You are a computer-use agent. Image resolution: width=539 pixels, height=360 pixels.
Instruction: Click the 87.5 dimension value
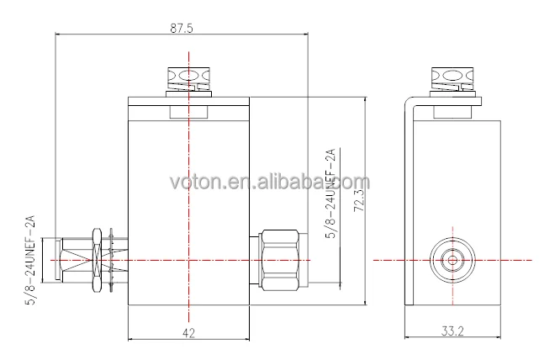(x=182, y=29)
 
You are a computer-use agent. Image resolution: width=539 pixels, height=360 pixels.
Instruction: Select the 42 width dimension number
(x=188, y=333)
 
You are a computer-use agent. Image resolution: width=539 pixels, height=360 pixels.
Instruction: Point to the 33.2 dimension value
(x=452, y=331)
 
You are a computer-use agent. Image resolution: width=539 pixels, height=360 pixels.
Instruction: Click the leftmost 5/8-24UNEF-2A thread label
(x=30, y=260)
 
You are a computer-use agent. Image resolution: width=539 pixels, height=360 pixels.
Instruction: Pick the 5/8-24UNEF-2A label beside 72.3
(x=330, y=193)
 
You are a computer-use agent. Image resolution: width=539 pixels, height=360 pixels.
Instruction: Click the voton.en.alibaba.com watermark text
(x=270, y=182)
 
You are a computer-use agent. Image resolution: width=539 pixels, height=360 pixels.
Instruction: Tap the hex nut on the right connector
(x=279, y=260)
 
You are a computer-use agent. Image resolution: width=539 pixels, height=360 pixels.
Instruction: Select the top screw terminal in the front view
(x=188, y=79)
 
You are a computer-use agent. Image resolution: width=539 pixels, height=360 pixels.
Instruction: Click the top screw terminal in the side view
(x=452, y=79)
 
